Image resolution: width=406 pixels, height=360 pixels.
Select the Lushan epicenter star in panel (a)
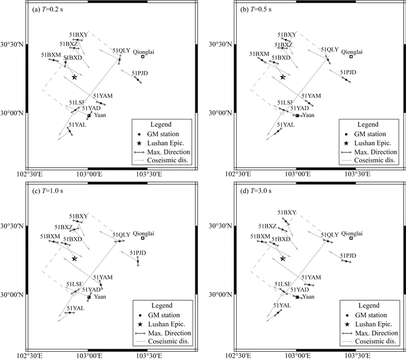pos(74,77)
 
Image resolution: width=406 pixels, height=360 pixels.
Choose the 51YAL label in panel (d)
pos(282,306)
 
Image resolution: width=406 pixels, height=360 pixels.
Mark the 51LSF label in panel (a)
pos(77,103)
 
